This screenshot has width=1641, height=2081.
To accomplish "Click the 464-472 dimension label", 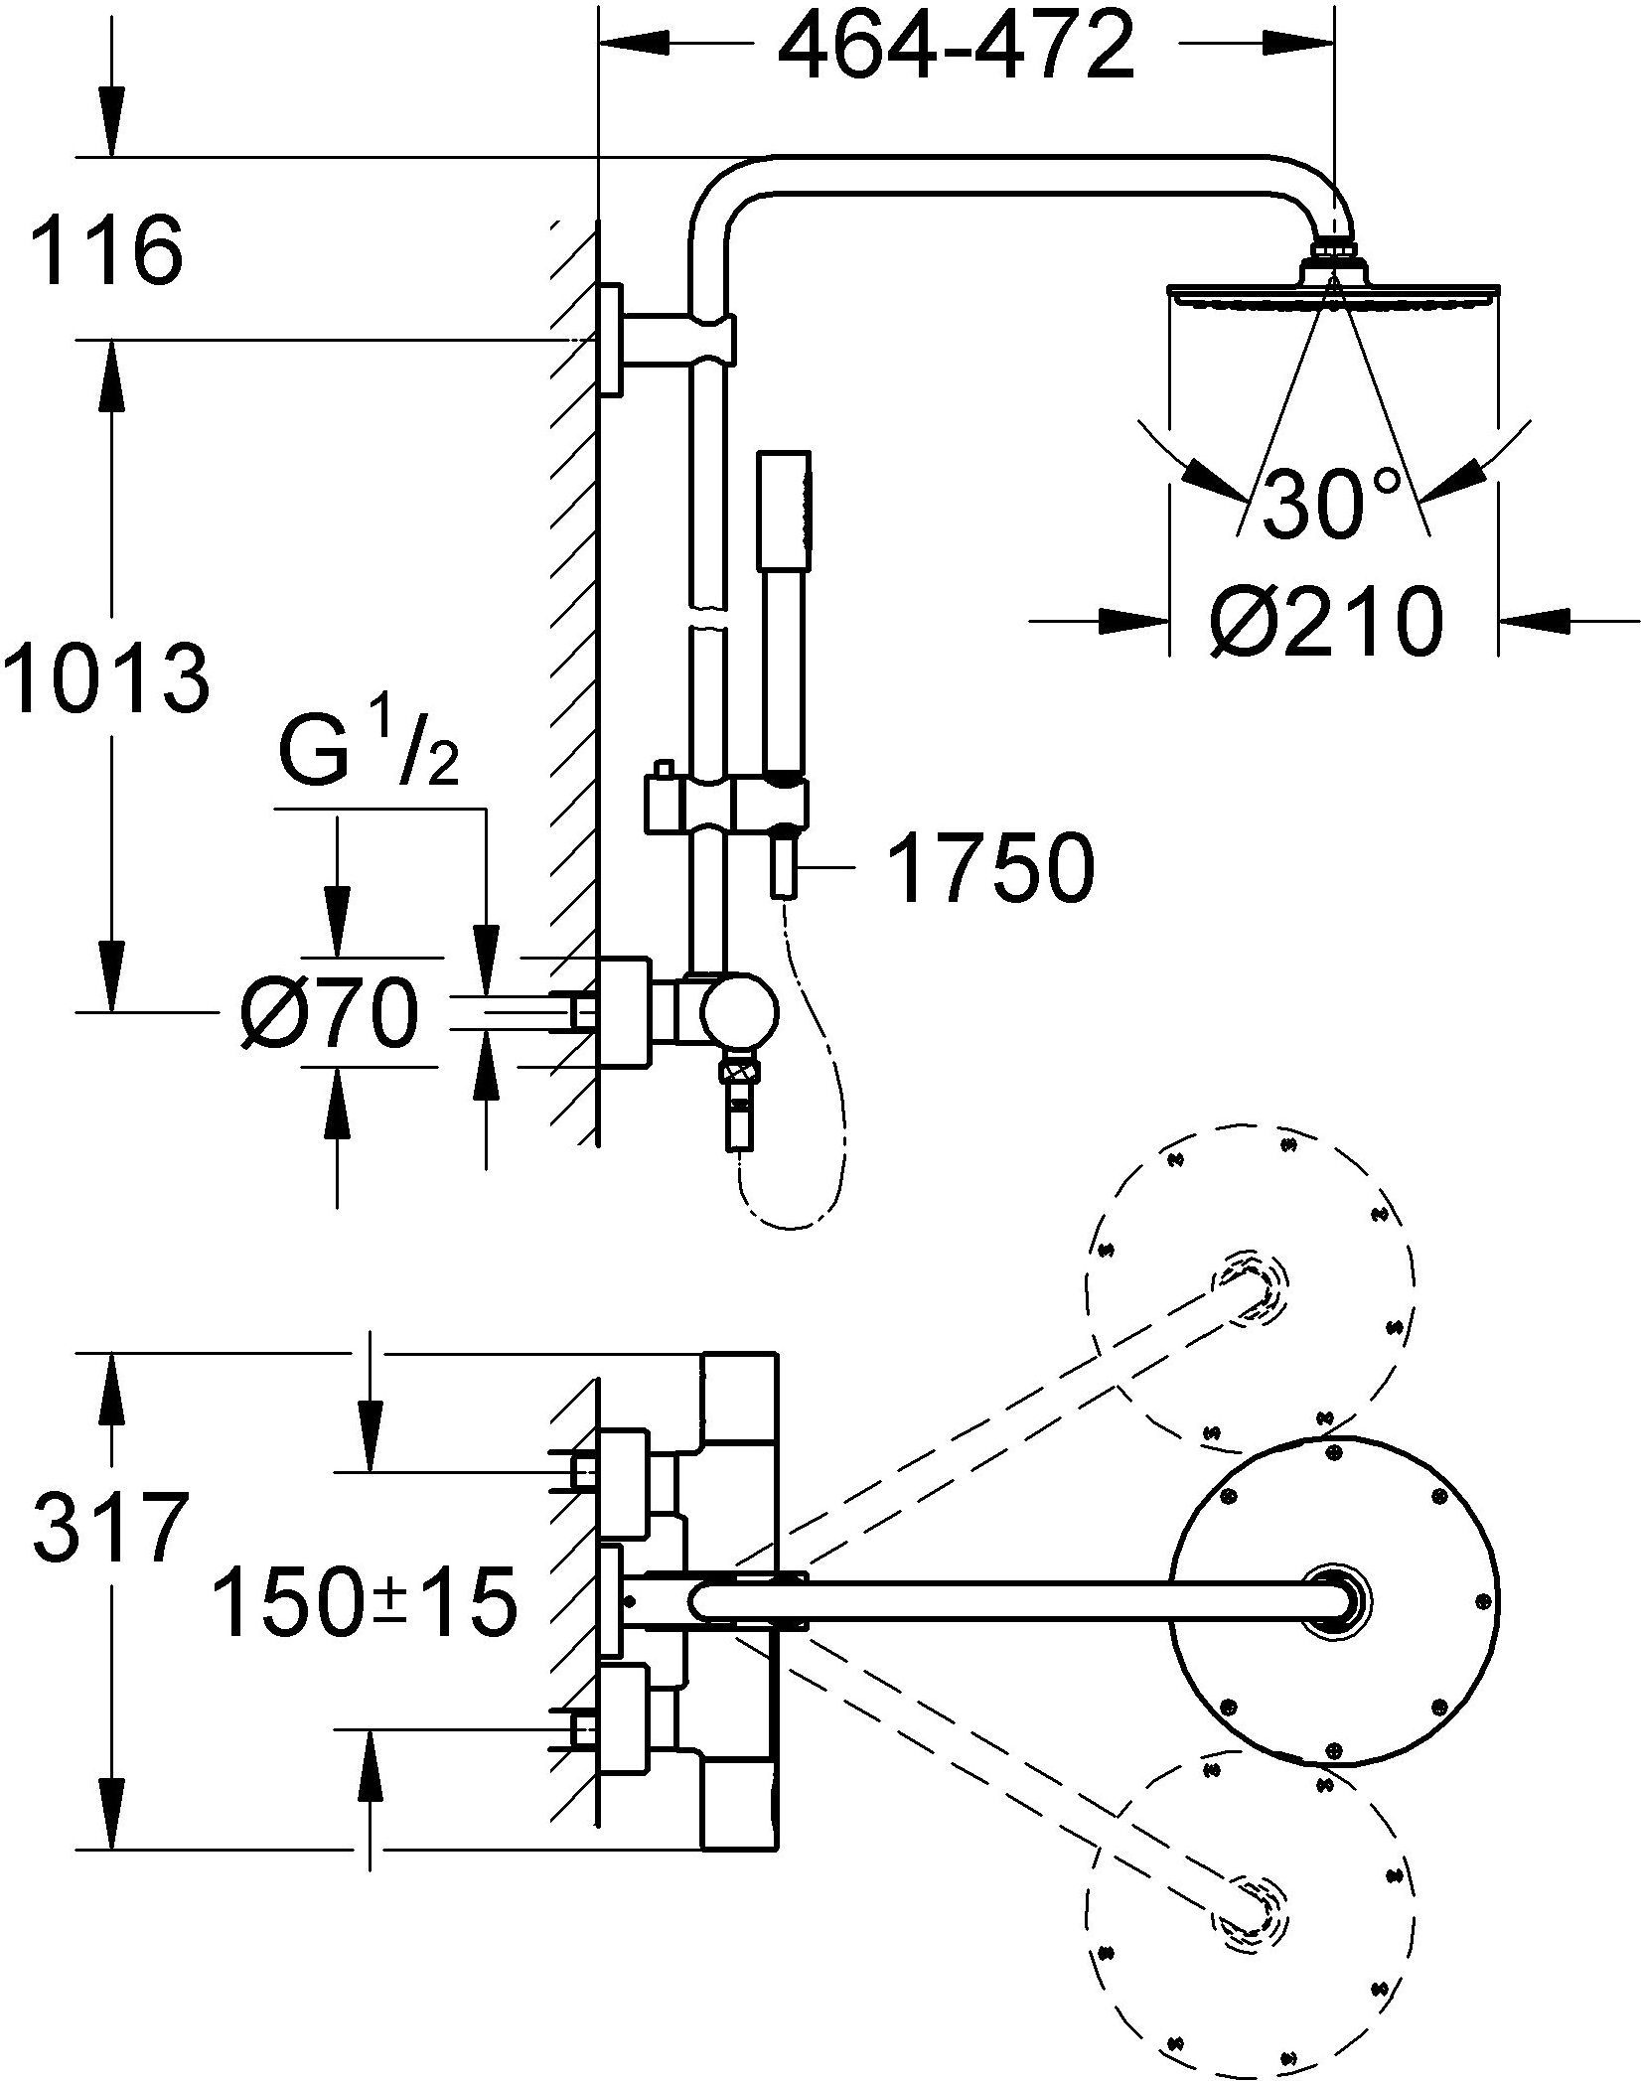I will [x=955, y=48].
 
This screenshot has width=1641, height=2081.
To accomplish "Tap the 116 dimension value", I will [x=107, y=252].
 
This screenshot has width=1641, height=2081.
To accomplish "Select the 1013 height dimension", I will [x=107, y=678].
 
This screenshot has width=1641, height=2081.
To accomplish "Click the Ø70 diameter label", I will [x=329, y=1012].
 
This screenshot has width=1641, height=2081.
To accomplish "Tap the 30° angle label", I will [x=1333, y=504].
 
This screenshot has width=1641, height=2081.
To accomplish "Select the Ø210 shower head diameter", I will [x=1325, y=621].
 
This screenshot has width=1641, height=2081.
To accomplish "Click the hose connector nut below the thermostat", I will [x=741, y=1074].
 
